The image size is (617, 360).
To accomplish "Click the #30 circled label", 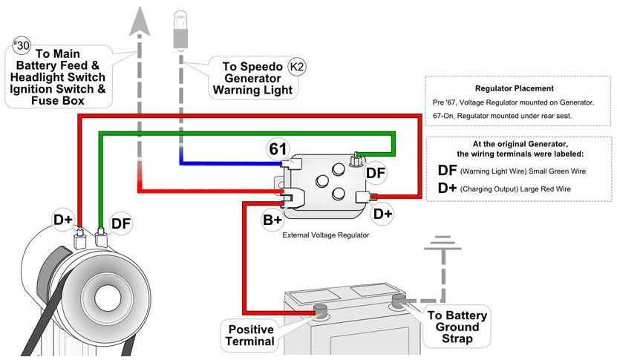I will [22, 45].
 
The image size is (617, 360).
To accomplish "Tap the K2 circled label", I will [297, 68].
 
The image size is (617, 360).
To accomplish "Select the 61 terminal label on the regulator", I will [278, 148].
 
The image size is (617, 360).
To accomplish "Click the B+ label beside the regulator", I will [272, 220].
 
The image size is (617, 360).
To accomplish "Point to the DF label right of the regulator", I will [376, 172].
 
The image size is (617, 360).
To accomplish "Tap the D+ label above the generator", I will [63, 220].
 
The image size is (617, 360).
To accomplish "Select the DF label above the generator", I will [121, 223].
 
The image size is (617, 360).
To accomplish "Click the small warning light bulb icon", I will [179, 24].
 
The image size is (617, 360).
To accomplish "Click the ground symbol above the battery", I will [443, 242].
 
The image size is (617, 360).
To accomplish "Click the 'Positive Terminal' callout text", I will [250, 335].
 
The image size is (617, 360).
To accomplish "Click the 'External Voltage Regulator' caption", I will [326, 235].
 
